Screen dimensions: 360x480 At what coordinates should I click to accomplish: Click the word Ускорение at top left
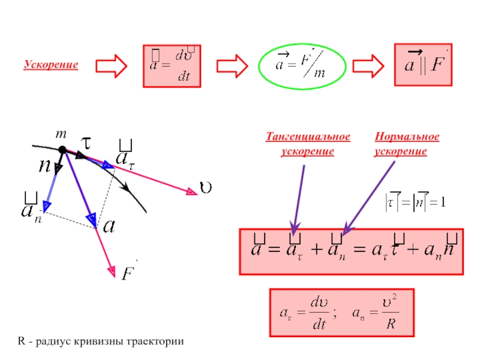click(51, 64)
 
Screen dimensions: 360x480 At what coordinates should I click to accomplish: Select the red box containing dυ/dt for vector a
click(171, 65)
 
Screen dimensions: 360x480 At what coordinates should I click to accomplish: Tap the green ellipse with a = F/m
click(302, 65)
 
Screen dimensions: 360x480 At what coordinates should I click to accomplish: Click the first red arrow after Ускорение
click(112, 65)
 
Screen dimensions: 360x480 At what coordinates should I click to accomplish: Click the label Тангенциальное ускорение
click(308, 145)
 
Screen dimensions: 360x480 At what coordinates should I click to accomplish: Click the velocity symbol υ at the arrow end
click(205, 188)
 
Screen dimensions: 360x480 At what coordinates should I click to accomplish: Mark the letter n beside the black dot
click(44, 166)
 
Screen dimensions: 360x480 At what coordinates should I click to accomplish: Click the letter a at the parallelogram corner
click(109, 227)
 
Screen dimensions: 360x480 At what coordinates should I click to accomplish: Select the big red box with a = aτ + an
click(352, 251)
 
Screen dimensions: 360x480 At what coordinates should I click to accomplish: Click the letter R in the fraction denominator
click(391, 328)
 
